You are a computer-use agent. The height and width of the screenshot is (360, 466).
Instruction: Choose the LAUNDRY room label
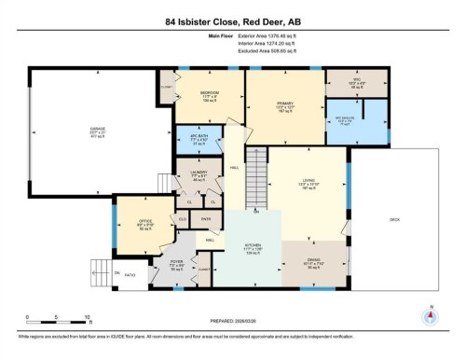click(x=198, y=173)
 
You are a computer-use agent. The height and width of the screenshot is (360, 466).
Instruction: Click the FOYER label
click(x=176, y=262)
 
